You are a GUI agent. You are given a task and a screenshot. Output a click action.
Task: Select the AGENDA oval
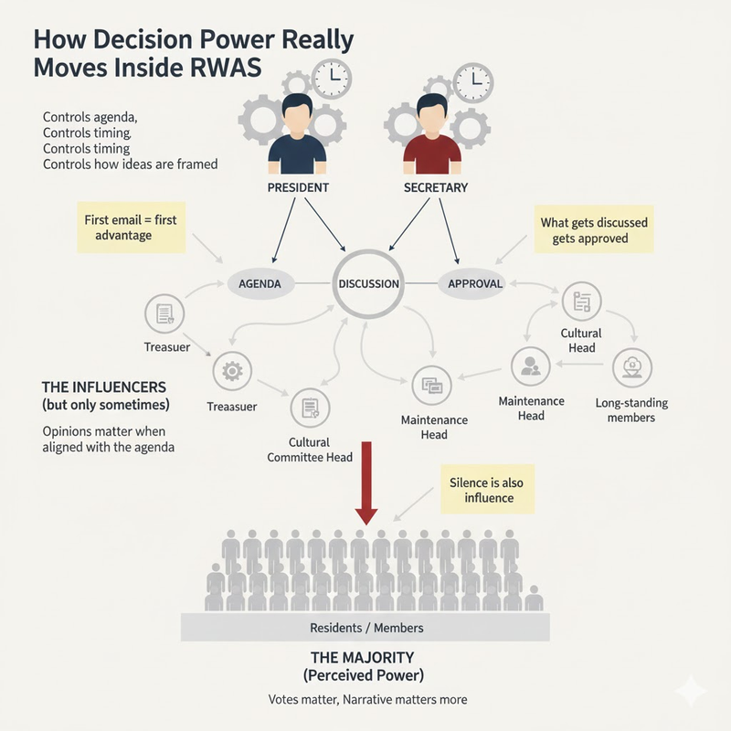point(260,283)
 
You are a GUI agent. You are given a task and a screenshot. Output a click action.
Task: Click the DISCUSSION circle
point(368,283)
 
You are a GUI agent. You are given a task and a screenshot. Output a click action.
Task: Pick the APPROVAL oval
point(475,283)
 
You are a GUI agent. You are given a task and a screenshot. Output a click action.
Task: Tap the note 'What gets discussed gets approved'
point(594,230)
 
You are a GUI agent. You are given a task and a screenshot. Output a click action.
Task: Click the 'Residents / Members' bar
point(366,628)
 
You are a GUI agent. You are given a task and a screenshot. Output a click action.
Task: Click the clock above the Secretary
point(472,81)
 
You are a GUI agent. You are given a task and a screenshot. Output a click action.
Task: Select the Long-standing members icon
point(631,366)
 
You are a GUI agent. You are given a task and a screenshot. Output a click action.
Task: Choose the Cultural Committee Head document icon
point(309,406)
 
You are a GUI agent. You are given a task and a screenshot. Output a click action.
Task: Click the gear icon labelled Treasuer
point(231,371)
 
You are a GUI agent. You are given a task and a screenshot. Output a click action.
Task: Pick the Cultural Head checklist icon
point(580,301)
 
